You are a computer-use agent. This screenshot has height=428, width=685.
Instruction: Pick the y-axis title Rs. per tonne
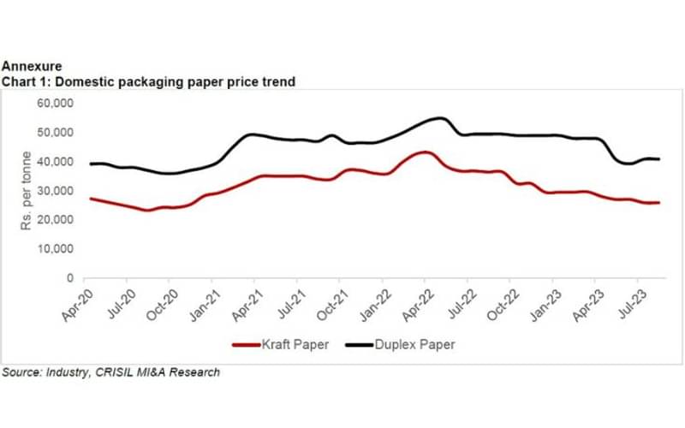pos(27,190)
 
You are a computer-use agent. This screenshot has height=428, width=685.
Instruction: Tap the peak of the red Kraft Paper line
pos(424,152)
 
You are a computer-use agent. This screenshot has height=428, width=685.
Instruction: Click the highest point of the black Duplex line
pos(440,118)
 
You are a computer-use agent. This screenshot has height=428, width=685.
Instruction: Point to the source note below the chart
pos(110,372)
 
